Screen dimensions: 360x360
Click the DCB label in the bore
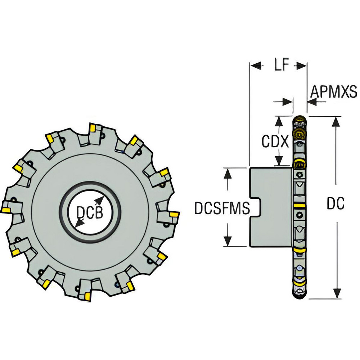[x=90, y=213]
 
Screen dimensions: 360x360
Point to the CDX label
[x=275, y=142]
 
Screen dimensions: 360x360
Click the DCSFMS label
[x=222, y=208]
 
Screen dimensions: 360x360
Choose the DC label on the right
[x=336, y=204]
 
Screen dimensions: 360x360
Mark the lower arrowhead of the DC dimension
[x=336, y=293]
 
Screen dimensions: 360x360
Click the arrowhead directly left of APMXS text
[x=312, y=102]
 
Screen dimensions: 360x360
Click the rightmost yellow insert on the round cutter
[x=175, y=215]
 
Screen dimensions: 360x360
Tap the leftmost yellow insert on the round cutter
[x=6, y=210]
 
